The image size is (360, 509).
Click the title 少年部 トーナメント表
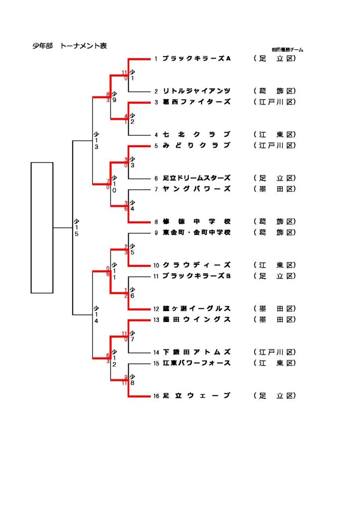coord(70,46)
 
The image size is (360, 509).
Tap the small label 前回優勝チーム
coord(287,50)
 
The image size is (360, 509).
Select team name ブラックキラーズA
coord(197,59)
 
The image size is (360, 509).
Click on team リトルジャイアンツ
coord(197,91)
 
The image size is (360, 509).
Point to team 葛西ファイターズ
coord(197,102)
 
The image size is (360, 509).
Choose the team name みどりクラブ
coord(197,145)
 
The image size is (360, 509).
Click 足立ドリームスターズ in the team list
coord(197,178)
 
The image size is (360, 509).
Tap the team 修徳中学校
coord(197,221)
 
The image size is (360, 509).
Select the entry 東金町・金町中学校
coord(197,232)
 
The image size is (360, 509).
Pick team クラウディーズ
coord(197,265)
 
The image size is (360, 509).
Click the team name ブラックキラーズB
coord(197,276)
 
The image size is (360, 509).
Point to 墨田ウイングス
coord(197,319)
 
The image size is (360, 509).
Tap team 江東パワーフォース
coord(197,363)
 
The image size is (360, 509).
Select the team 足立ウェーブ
coord(197,396)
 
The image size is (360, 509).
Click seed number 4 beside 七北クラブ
coord(156,135)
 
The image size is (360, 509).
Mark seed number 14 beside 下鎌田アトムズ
coord(156,352)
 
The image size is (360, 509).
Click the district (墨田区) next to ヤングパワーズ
coord(274,189)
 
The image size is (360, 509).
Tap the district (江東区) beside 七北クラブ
coord(274,135)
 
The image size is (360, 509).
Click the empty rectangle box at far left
coord(42,227)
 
